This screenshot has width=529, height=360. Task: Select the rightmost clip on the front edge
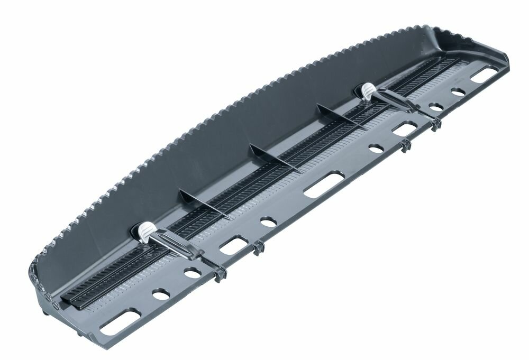(435, 125)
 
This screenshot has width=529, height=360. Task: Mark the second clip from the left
(258, 247)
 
